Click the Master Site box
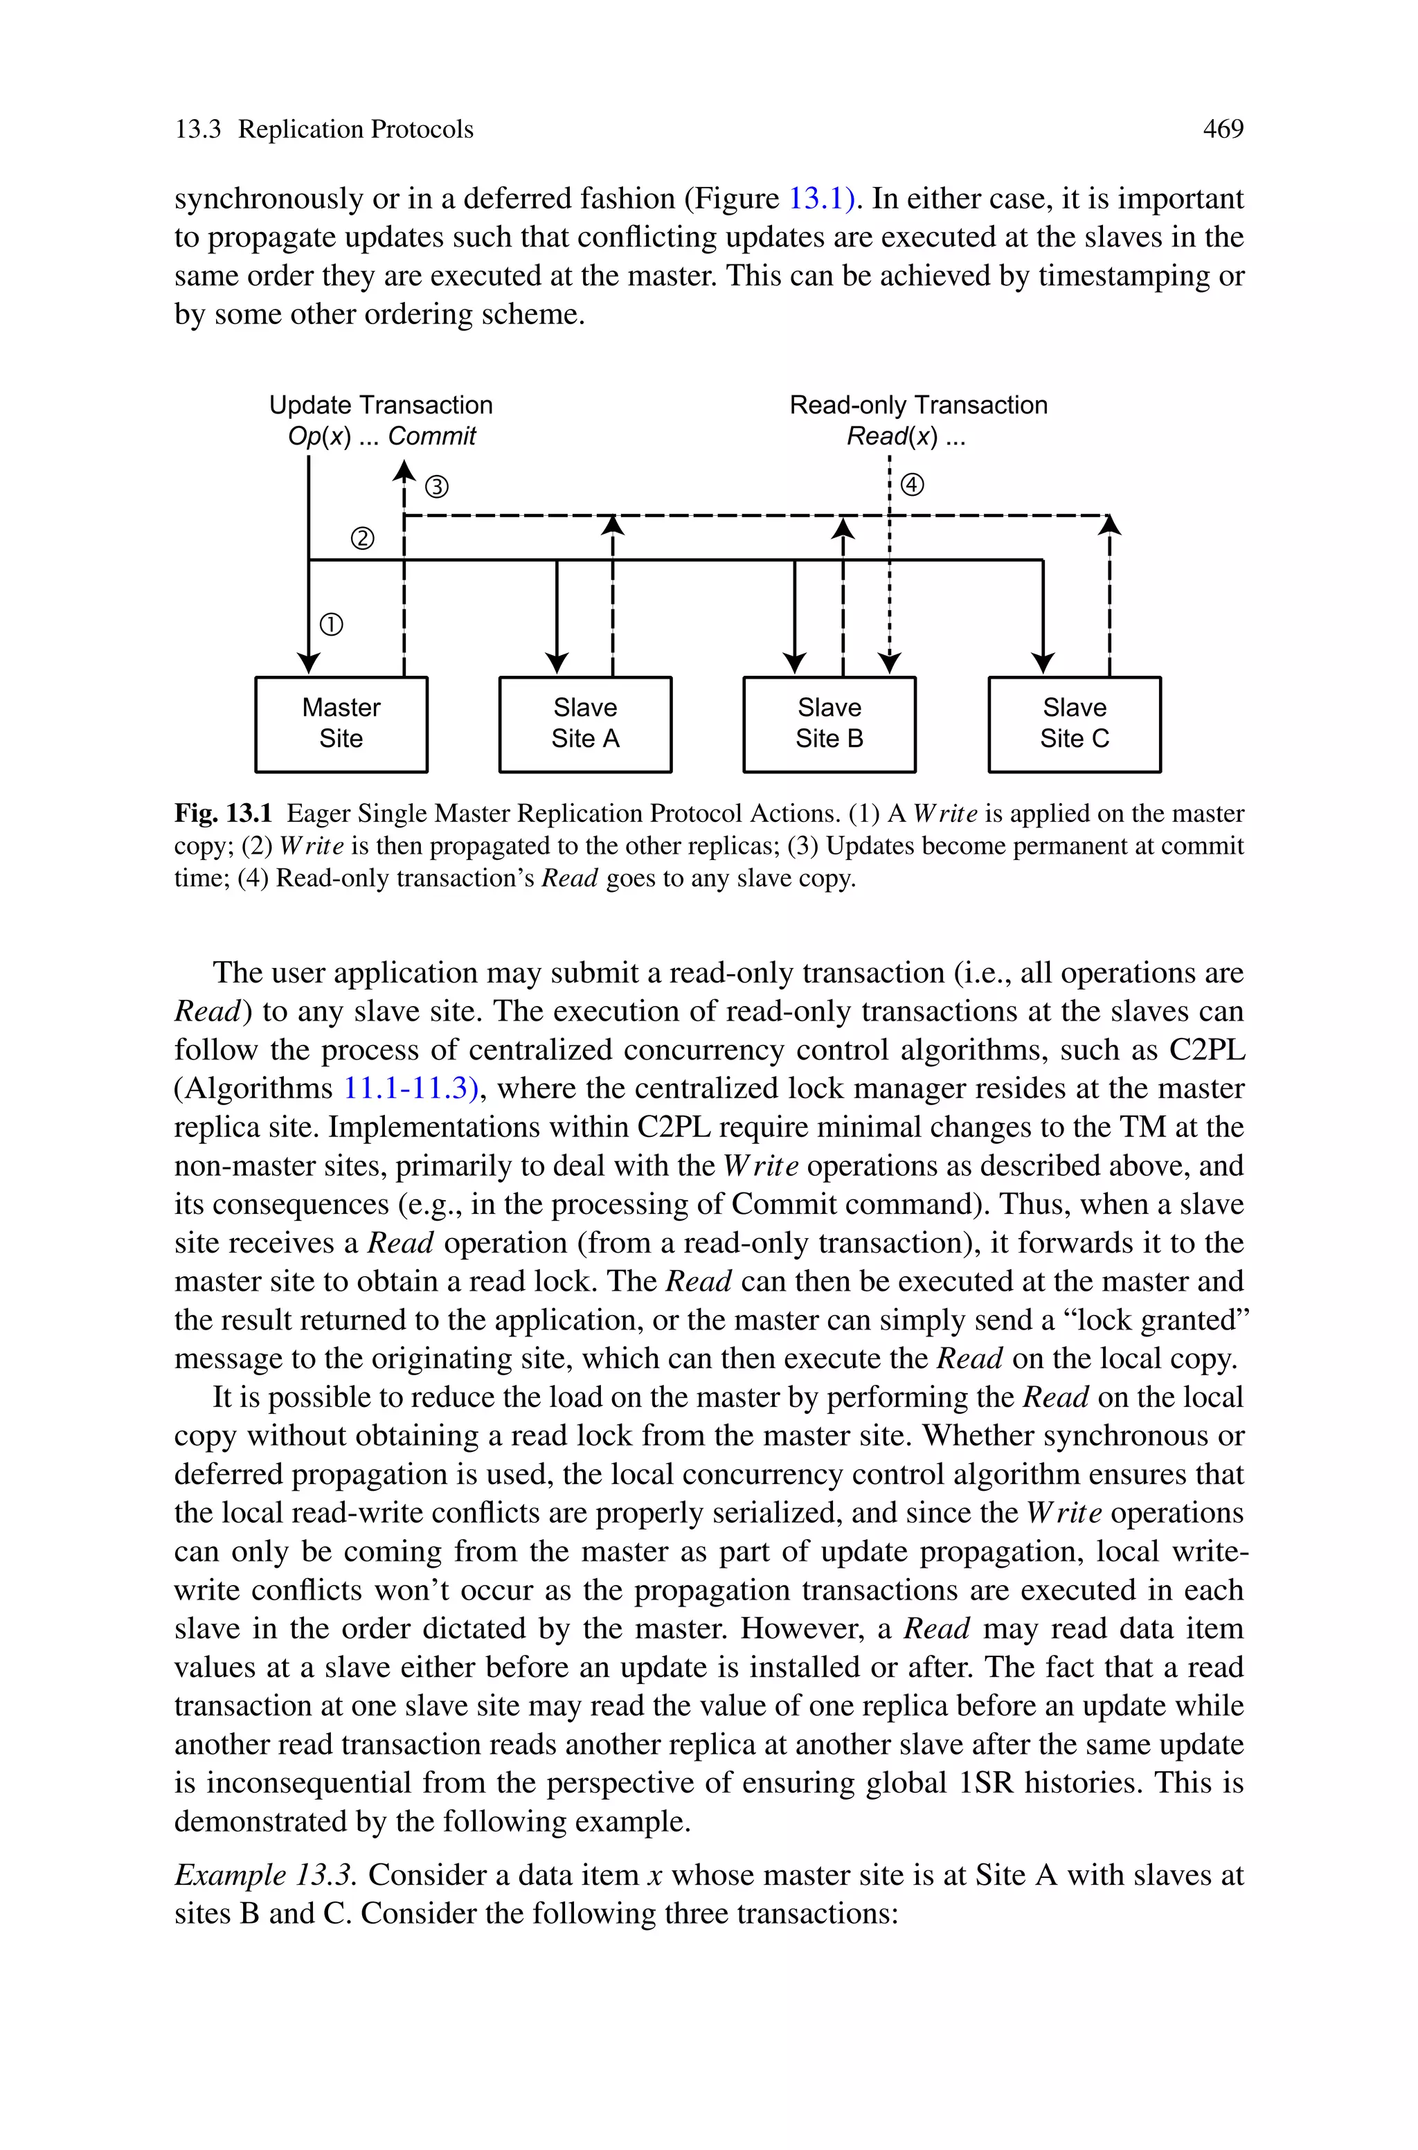tap(341, 724)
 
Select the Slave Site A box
tap(585, 724)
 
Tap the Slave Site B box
tap(829, 724)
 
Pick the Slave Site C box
tap(1075, 724)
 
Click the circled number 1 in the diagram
tap(332, 625)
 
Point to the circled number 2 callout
tap(361, 539)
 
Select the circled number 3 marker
tap(437, 487)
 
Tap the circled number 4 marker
tap(913, 485)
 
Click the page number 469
tap(1223, 129)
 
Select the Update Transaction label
tap(381, 405)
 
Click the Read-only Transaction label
tap(918, 405)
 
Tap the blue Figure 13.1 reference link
tap(821, 198)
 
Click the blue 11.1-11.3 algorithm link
tap(410, 1088)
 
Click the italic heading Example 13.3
tap(263, 1875)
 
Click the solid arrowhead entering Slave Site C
tap(1043, 663)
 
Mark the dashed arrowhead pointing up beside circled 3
tap(404, 470)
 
